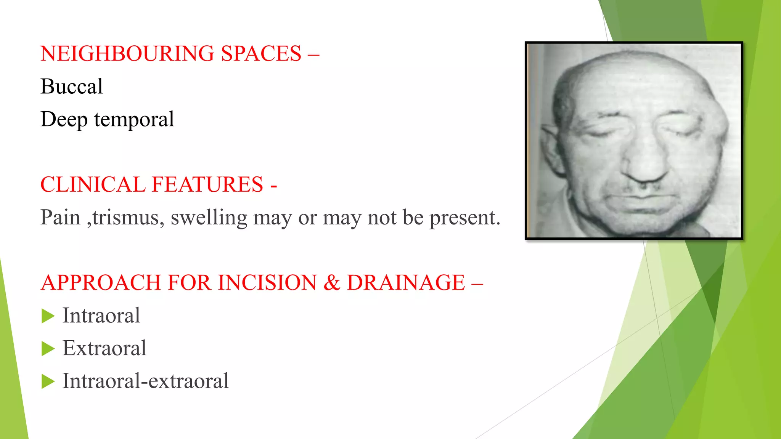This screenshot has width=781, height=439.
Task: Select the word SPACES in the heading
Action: click(261, 53)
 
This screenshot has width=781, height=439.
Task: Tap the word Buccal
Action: click(72, 87)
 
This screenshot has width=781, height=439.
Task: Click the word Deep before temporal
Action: click(64, 120)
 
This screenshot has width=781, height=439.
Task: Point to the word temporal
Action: click(134, 120)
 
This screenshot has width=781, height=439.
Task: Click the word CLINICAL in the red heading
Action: click(93, 185)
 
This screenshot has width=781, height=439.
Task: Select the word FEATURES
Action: click(207, 185)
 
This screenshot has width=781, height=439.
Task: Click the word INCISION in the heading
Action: click(267, 283)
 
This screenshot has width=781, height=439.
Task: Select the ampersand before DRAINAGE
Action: click(331, 283)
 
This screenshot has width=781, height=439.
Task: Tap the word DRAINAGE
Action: click(406, 283)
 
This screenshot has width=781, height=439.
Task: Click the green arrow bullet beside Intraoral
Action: click(48, 316)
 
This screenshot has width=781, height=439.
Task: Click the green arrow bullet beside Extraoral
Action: click(48, 349)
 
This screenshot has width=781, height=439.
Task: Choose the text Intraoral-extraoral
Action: click(146, 381)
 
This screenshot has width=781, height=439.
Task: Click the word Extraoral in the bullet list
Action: click(104, 348)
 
